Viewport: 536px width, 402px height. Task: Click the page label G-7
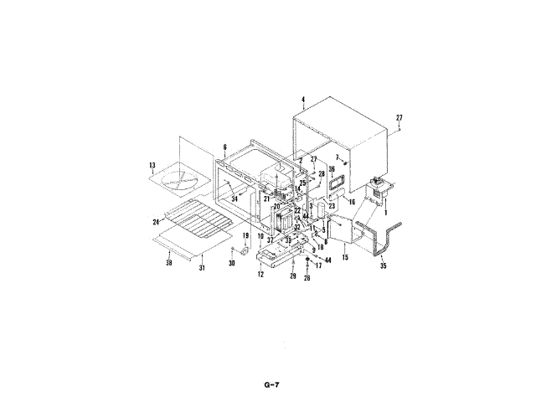267,385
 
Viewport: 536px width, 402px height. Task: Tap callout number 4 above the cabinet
302,100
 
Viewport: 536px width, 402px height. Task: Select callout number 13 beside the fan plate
152,164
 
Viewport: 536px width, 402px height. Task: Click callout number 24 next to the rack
156,222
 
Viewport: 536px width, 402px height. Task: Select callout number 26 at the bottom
307,279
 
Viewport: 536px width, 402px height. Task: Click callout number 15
345,256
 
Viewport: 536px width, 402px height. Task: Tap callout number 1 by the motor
385,213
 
